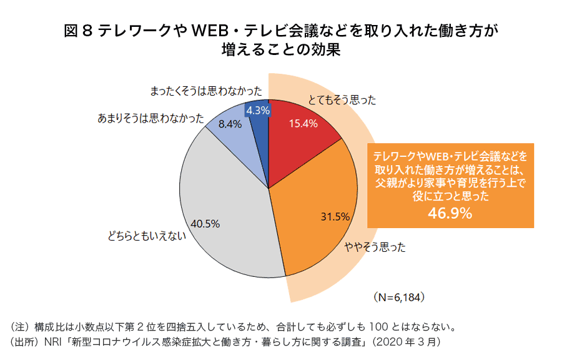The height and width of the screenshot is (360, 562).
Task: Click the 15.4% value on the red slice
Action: [303, 124]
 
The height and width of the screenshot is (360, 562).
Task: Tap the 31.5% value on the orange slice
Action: [334, 217]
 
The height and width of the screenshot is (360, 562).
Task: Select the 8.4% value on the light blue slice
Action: [229, 124]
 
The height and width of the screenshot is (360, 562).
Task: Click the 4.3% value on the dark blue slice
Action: [257, 110]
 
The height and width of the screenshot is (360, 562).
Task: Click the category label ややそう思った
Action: [375, 247]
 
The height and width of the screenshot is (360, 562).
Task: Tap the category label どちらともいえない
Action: [147, 236]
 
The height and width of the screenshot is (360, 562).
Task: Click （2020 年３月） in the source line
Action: [407, 342]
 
